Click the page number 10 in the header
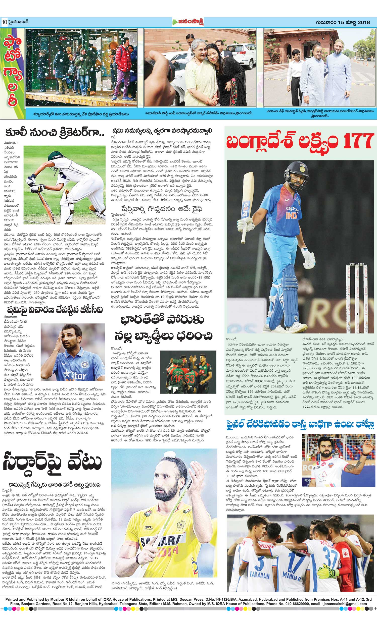point(5,22)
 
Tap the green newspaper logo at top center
point(188,22)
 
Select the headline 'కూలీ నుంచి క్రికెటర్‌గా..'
point(55,133)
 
